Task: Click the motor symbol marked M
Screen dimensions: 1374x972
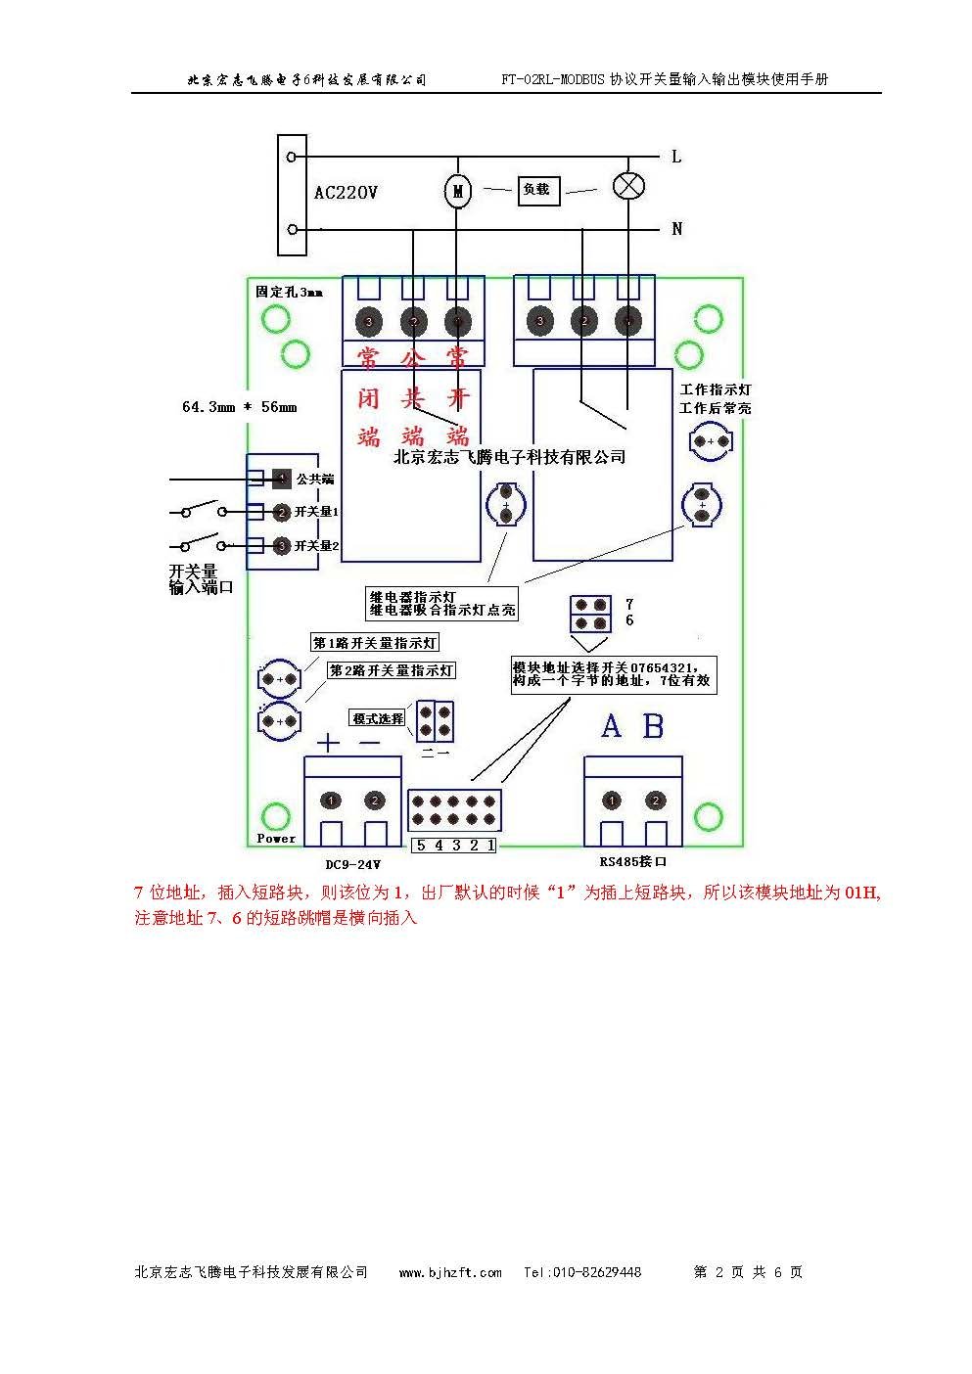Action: [457, 191]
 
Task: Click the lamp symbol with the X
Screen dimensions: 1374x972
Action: [627, 186]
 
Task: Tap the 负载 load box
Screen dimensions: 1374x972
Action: [537, 190]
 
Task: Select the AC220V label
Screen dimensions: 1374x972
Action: [346, 193]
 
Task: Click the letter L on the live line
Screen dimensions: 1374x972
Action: [676, 157]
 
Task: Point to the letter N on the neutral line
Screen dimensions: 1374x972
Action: [676, 229]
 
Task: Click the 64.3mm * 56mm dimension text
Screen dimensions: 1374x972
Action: [239, 406]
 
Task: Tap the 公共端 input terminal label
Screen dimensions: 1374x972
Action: [315, 479]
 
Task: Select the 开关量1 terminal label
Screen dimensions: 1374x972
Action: [316, 512]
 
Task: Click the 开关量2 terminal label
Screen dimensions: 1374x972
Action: [316, 546]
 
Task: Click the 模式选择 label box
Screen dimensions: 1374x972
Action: [378, 718]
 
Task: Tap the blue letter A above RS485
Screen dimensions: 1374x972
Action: [611, 726]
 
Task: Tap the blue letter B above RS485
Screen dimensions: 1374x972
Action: [653, 726]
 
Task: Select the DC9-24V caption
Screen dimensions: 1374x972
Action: [352, 864]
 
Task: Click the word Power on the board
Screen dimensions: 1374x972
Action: [276, 838]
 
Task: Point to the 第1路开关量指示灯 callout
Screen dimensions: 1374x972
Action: [375, 643]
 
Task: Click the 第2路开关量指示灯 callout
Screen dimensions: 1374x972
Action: [392, 670]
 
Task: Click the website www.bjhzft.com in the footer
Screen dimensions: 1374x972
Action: [450, 1272]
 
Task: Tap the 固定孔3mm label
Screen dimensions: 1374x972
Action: [289, 292]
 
